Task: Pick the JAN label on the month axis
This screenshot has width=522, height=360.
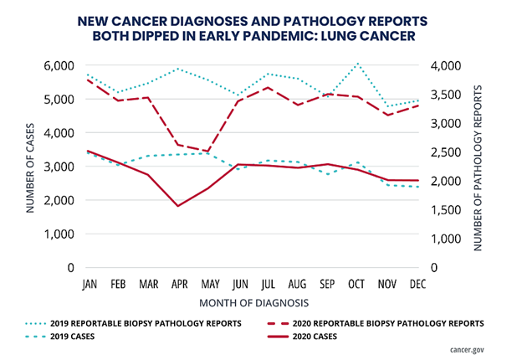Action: (x=88, y=284)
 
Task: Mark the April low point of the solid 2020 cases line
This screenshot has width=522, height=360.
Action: (x=177, y=206)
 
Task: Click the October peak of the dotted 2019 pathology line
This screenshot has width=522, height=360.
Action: (x=358, y=63)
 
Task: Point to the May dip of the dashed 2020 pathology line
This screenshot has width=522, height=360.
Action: (x=207, y=152)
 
